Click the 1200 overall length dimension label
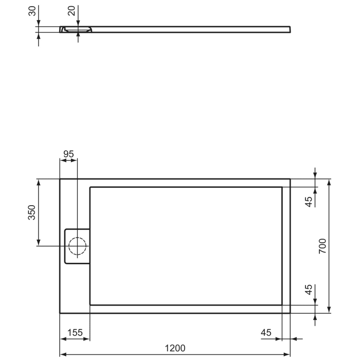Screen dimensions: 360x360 click(x=175, y=348)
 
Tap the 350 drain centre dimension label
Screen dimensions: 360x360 click(x=32, y=212)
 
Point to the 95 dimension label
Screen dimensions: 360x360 click(x=68, y=154)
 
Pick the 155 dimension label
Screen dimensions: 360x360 click(x=75, y=333)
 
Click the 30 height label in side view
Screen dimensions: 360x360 click(x=32, y=11)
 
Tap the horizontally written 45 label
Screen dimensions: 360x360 click(x=266, y=333)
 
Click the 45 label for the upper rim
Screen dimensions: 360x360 click(x=309, y=201)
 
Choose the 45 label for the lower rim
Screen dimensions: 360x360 click(x=309, y=290)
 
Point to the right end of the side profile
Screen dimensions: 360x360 click(x=289, y=29)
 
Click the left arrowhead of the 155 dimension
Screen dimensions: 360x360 click(x=63, y=339)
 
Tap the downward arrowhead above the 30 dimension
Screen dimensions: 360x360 click(x=39, y=24)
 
